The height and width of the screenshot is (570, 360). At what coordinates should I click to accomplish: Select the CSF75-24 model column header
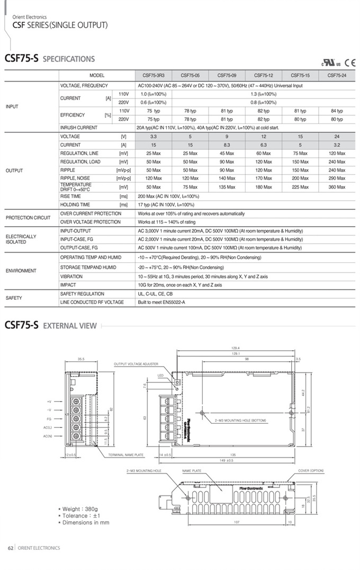tap(337, 75)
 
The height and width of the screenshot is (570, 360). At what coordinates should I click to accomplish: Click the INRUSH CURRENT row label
tap(78, 128)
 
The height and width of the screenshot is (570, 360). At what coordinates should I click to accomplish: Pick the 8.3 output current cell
tap(227, 145)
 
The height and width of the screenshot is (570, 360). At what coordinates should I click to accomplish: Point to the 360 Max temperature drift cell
tap(337, 187)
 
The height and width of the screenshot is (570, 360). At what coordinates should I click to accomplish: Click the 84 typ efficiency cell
tap(337, 111)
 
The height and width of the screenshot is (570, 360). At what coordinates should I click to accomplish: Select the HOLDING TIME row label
tap(75, 204)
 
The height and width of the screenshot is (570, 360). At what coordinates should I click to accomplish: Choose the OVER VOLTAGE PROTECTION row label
tap(91, 222)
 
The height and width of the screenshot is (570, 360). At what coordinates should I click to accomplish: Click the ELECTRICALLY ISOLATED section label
tap(21, 239)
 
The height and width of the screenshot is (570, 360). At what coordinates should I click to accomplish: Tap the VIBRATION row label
tap(71, 277)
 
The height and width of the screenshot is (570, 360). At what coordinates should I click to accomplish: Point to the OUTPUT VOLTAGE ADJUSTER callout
tap(136, 364)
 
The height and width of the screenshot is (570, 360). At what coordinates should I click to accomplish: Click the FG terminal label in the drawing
tap(49, 418)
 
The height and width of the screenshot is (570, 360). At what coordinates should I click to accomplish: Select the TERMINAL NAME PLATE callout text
tap(126, 455)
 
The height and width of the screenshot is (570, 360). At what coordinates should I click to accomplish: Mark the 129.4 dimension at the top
tap(236, 348)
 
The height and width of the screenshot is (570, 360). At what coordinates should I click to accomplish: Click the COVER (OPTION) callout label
tap(311, 470)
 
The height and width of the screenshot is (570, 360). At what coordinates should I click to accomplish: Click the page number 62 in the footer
tap(10, 548)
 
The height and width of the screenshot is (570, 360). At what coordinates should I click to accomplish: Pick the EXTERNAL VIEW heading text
tap(70, 326)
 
